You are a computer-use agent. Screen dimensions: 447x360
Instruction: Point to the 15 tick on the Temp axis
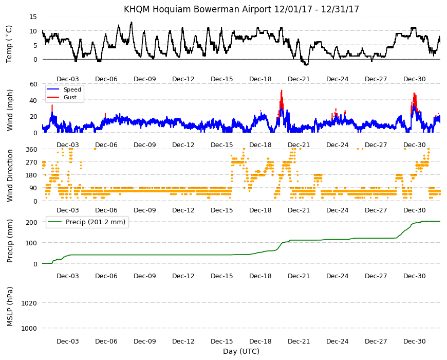point(33,17)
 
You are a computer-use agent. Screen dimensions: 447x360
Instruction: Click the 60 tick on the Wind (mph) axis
point(33,84)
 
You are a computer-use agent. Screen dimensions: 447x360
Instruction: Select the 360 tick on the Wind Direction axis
point(31,149)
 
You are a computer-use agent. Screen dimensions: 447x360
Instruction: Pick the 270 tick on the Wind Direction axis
point(31,163)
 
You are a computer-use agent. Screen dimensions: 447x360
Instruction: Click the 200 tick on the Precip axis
point(31,222)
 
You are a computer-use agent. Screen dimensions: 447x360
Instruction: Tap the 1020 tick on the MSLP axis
point(29,303)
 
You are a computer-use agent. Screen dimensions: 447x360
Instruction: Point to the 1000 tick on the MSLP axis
point(29,328)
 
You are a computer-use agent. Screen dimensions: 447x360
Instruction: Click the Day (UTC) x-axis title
point(241,351)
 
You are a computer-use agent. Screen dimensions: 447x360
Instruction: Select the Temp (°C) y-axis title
point(9,44)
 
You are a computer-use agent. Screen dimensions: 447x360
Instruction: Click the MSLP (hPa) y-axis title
point(10,307)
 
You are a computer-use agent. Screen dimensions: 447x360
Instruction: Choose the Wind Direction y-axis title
point(10,175)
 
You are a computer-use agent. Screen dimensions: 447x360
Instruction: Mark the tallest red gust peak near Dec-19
point(282,91)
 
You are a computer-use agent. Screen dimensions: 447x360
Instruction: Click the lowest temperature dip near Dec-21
point(306,65)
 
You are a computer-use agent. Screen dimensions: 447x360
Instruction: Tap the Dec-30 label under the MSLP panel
point(414,341)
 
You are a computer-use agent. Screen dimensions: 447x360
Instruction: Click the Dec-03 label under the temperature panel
point(67,79)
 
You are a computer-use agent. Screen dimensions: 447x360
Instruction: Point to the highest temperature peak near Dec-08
point(131,22)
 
